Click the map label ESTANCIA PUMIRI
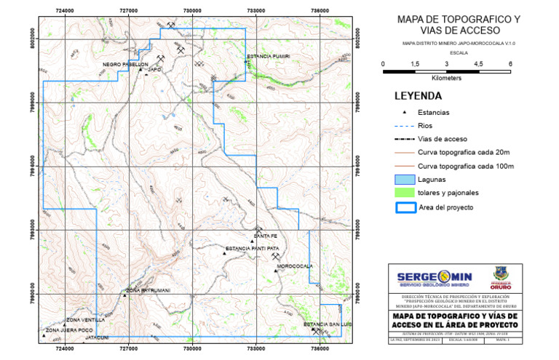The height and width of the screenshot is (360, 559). [x=269, y=56]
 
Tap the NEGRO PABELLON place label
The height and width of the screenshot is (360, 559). [x=125, y=64]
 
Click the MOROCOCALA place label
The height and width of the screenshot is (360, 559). [x=296, y=265]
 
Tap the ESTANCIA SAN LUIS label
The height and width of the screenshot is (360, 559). [x=327, y=324]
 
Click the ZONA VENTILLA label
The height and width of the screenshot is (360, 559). [x=86, y=320]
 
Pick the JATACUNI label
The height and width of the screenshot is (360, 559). [x=97, y=337]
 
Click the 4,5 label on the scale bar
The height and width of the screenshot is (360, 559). [x=478, y=64]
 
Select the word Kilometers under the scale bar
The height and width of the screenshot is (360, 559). [x=447, y=77]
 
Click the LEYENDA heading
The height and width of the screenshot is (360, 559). [x=418, y=95]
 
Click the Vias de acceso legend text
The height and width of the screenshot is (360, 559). [x=447, y=139]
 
